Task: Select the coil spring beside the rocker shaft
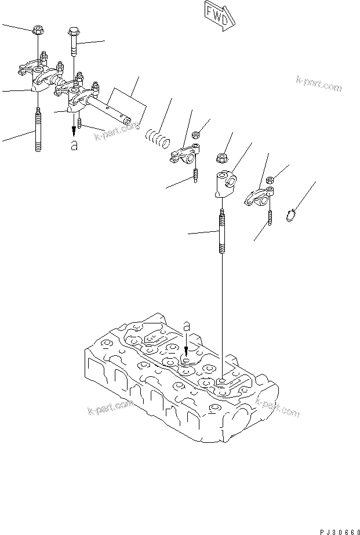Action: pos(157,139)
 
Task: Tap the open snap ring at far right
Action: pos(294,216)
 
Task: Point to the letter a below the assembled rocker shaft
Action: pos(73,146)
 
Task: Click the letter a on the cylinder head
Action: pos(186,328)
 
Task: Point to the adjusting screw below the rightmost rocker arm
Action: pos(270,218)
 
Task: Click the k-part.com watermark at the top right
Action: pos(319,84)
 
